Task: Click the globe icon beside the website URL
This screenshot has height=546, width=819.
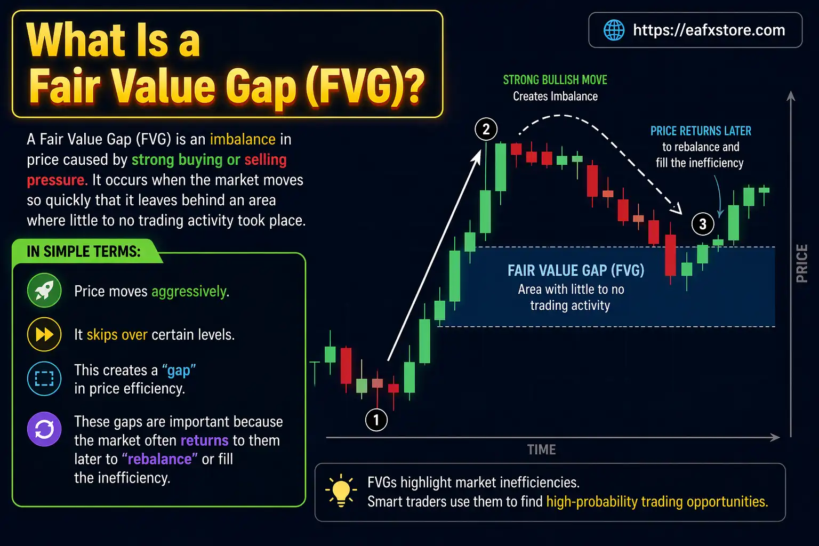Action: tap(614, 30)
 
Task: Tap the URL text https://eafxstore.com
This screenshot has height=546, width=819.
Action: tap(709, 30)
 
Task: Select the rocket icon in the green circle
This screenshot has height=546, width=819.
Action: tap(44, 291)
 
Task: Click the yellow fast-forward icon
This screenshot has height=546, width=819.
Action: tap(44, 334)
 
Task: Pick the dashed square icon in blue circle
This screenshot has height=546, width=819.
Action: tap(44, 379)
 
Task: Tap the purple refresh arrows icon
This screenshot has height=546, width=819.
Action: tap(44, 429)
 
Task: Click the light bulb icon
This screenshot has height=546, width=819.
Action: tap(341, 490)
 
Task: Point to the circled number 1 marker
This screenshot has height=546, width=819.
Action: tap(376, 420)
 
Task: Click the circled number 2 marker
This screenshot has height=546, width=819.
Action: tap(486, 129)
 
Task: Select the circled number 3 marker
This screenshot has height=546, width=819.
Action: tap(703, 224)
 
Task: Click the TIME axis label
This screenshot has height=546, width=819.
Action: tap(541, 450)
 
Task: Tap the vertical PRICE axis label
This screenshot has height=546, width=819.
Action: tap(801, 263)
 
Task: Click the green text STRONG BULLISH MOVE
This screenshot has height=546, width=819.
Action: tap(555, 80)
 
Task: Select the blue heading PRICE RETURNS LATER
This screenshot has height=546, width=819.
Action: tap(701, 131)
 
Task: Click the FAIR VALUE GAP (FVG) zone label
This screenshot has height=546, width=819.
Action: tap(576, 271)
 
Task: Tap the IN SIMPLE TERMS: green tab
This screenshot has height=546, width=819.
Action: tap(84, 252)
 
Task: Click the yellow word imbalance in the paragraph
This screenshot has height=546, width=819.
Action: tap(243, 140)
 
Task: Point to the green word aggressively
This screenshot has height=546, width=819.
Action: tap(189, 292)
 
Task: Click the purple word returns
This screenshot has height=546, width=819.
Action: tap(204, 440)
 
